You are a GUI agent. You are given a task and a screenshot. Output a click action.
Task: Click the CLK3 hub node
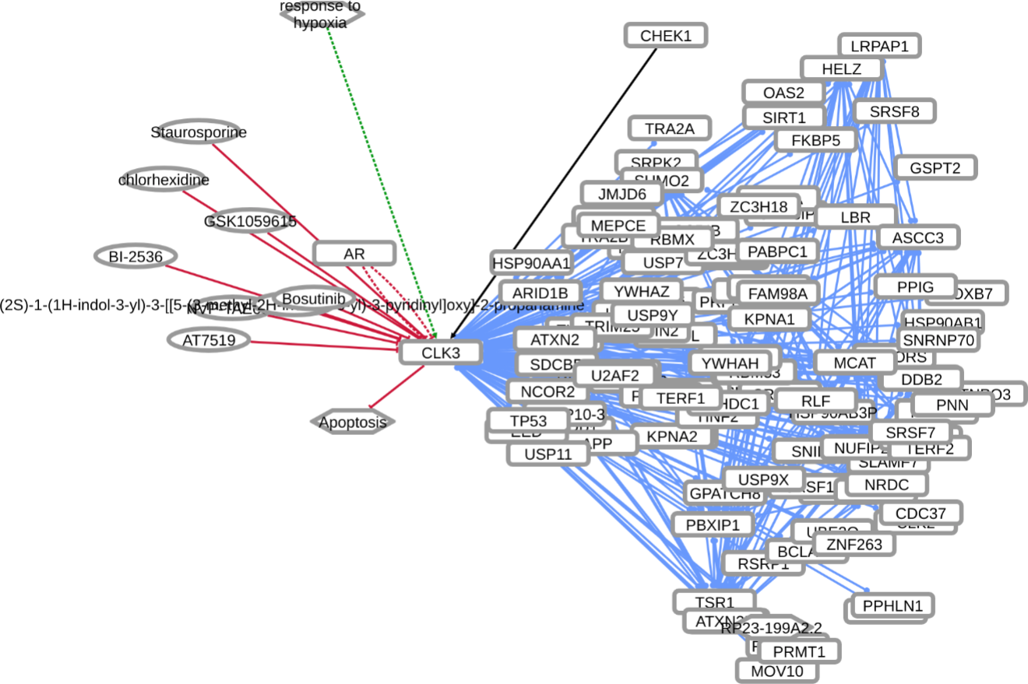441,353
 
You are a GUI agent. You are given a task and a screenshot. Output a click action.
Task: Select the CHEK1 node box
666,35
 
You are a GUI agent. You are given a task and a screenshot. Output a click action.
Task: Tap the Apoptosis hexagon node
353,422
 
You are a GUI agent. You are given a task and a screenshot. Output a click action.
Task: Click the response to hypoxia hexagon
321,15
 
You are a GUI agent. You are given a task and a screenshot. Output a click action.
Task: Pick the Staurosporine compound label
199,132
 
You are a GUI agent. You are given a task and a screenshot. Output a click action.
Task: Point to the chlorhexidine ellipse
164,180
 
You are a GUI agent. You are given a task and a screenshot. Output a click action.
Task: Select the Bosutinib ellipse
314,299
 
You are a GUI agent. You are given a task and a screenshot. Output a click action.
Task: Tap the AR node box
354,253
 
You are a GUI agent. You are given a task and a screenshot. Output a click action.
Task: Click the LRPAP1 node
879,46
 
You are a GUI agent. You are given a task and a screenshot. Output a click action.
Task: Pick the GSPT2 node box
935,167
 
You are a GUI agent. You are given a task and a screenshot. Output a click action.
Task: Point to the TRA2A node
669,128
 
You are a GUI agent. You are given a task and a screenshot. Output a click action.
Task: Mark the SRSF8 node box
894,111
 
